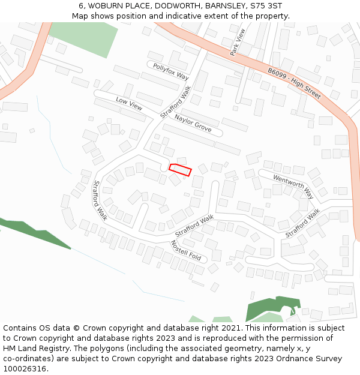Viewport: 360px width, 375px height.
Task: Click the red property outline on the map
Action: click(x=180, y=170)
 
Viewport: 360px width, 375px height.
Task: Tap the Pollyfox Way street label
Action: click(x=170, y=72)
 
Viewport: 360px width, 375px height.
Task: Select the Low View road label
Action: click(x=129, y=104)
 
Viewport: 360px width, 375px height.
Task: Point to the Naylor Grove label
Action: click(x=193, y=122)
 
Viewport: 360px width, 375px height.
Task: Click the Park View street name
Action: click(x=238, y=43)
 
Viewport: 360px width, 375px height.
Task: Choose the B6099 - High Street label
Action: click(x=294, y=83)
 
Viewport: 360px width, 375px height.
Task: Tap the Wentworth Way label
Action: click(x=293, y=187)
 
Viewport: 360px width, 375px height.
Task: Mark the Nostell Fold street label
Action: click(x=185, y=250)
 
